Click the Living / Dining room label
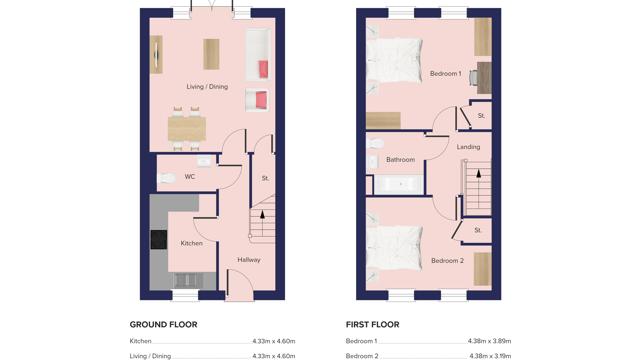207,87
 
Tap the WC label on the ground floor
189,177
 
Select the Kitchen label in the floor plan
191,243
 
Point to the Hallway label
249,260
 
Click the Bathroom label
401,160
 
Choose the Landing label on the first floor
468,147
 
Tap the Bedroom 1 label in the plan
445,74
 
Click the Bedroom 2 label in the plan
447,261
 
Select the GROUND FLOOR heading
163,325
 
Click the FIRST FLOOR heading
372,325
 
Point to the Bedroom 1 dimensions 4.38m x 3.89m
489,341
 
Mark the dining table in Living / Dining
186,128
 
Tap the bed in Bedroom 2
394,246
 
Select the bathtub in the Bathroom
400,184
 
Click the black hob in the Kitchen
158,240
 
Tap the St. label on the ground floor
265,178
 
